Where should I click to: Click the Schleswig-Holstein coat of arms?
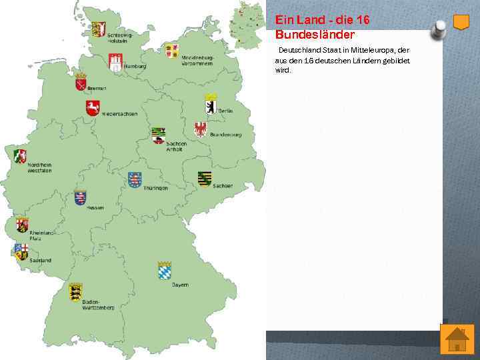pos(99,29)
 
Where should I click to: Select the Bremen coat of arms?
pos(81,81)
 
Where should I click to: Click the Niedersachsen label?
pos(120,113)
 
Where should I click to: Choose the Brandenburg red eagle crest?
pos(200,129)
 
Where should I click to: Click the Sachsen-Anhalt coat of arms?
pos(158,135)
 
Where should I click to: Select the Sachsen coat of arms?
pos(204,179)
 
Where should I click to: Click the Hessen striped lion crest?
pos(81,198)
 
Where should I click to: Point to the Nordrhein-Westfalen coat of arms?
pos(20,156)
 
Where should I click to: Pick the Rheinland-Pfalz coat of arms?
pos(22,225)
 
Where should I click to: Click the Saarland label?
pos(40,260)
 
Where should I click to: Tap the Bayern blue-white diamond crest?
pos(165,271)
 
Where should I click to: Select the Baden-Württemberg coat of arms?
pos(75,291)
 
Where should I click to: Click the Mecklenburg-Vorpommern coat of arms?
pos(172,51)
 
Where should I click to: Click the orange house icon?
pos(457,339)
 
